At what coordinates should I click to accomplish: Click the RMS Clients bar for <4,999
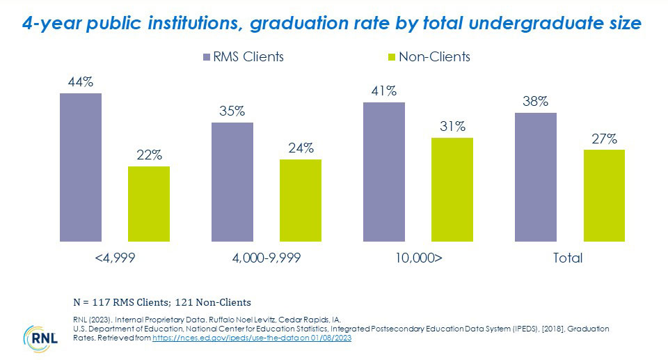[81, 167]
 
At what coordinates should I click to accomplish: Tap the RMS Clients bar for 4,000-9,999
[232, 182]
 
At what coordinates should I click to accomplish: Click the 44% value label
[81, 82]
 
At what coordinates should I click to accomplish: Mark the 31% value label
[452, 127]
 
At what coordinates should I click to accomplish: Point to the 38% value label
[535, 102]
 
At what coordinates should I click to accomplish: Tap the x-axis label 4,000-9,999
[267, 258]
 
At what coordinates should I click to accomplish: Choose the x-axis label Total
[567, 258]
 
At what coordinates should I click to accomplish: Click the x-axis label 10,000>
[417, 258]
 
